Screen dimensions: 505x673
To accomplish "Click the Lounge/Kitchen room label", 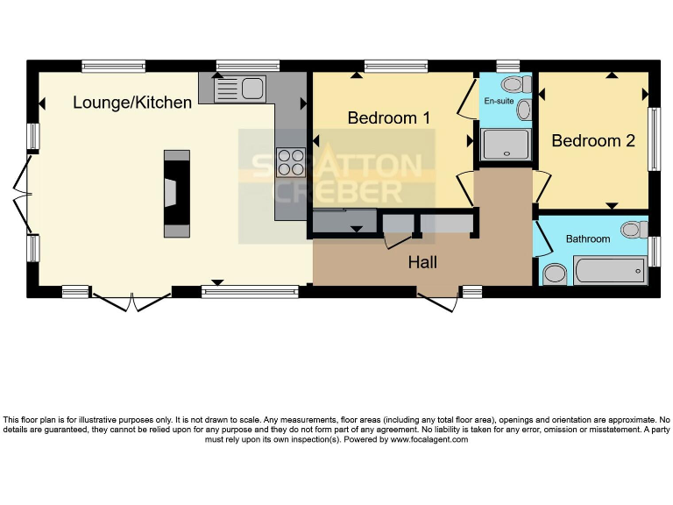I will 131,103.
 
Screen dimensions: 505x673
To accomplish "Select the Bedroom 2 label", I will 592,140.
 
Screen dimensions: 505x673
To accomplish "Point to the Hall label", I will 422,262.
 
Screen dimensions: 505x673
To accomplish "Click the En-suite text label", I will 499,101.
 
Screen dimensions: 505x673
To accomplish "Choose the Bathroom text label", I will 587,238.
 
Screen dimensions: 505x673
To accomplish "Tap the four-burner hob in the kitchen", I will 290,162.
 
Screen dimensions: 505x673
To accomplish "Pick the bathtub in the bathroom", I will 610,271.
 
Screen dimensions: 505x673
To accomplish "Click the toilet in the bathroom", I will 631,230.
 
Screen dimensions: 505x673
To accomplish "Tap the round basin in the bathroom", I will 555,274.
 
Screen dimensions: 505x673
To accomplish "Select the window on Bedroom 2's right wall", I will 653,139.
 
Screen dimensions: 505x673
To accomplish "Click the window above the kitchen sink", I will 247,65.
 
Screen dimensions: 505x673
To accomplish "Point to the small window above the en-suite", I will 507,65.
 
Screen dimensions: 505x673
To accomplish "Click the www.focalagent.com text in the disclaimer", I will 429,439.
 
